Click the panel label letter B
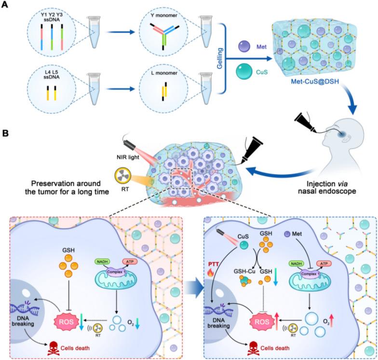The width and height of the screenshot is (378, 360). coord(6,130)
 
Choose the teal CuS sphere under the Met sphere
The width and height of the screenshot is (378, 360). coord(244,74)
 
